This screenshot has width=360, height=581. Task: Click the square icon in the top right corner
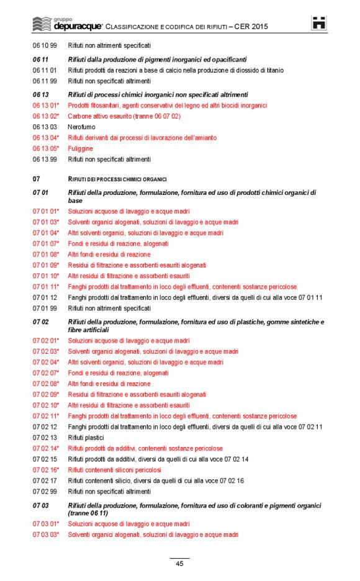coord(319,23)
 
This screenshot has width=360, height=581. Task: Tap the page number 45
coord(179,564)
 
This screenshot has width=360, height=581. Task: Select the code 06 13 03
coord(45,127)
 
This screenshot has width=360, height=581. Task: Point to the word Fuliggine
coord(80,148)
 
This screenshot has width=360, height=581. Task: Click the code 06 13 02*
coord(46,116)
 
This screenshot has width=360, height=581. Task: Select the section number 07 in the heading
coord(36,179)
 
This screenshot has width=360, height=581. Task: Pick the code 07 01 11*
coord(46,287)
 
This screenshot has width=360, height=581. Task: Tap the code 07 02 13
coord(45,438)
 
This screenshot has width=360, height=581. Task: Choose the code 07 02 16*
coord(46,470)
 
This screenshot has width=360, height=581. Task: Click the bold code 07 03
coord(40,505)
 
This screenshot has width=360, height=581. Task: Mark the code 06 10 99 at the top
coord(45,45)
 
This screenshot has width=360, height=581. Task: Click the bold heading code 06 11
coord(40,60)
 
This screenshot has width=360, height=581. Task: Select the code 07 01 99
coord(45,308)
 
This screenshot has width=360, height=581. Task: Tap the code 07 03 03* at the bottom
coord(46,534)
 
